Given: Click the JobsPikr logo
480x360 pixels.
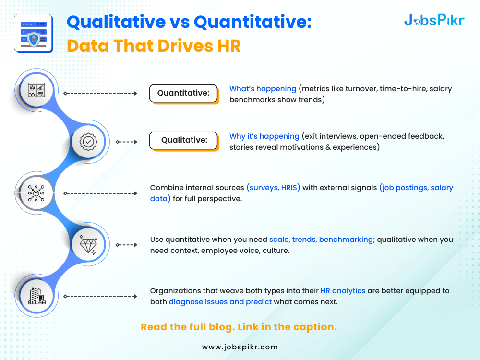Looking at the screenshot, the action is coord(434,20).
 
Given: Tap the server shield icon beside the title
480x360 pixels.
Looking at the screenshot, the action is coord(34,34).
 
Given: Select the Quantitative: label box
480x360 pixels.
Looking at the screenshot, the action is coord(184,93).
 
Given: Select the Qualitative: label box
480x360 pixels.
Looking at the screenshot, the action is coord(184,140).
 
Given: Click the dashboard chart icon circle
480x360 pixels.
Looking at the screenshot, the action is coord(36,90).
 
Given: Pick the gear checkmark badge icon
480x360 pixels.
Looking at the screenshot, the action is coord(88,142).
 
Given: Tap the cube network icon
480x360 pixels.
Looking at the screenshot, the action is coord(36,193).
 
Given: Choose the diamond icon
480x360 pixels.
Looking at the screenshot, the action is coord(88,245).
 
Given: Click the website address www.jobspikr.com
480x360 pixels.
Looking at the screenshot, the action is coord(240,347).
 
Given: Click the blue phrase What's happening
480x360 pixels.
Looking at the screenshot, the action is coord(263,89).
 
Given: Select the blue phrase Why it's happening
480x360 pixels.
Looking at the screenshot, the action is coord(264,136).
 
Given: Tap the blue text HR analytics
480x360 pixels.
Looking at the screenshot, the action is coord(343,290).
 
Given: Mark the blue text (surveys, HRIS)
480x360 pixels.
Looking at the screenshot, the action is coord(274,187).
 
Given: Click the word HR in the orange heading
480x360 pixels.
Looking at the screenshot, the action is coord(229,46).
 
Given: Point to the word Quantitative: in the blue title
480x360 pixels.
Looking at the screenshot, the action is coord(252,22).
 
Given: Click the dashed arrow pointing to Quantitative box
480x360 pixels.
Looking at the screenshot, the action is coord(100,94).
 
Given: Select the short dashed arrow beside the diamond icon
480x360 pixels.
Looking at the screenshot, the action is coord(126,245).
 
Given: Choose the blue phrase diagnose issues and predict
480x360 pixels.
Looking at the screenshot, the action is coord(220,302).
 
